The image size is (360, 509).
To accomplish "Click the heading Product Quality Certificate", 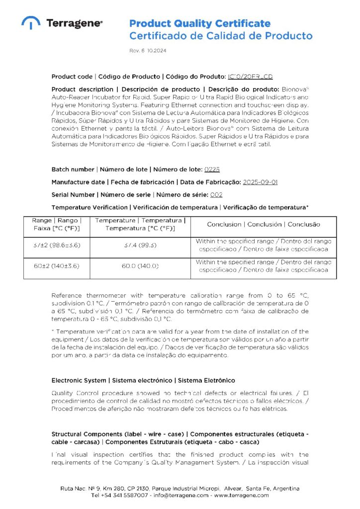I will coord(200,23).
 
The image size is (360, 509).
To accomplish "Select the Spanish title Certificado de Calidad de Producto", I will coord(221,36).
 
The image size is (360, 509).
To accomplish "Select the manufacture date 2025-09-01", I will coord(260,182).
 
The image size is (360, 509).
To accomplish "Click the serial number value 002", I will coord(216,194).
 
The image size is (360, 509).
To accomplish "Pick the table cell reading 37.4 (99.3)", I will coord(141,245).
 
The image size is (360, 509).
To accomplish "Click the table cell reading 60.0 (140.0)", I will coord(141,266).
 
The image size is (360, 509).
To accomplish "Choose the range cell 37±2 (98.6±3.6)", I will coord(57,245).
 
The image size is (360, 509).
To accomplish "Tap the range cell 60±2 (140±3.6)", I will coord(57,266).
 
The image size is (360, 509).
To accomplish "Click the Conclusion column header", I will coord(264,224).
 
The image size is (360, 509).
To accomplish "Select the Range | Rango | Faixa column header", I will coord(57,224).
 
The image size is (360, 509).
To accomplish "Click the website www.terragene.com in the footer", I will coord(242,495).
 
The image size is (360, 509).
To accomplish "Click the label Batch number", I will coord(73,170).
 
